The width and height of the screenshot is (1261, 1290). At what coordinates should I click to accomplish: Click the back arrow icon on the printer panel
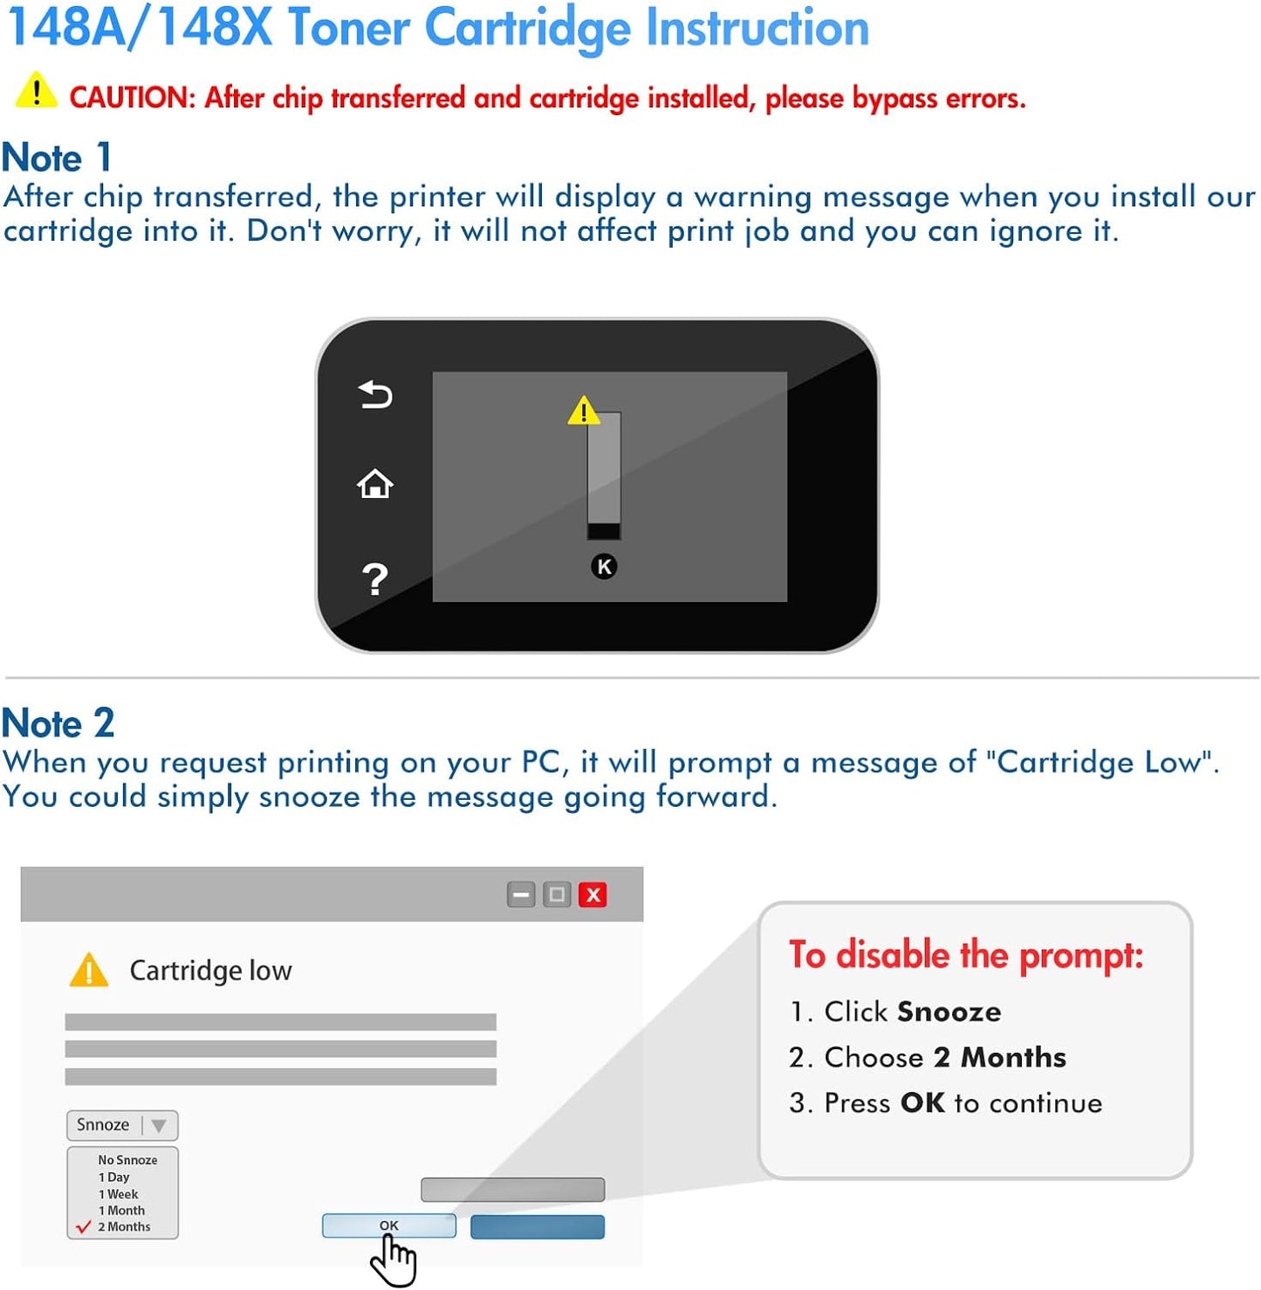375,395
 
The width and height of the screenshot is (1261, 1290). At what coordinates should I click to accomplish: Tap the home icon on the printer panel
374,483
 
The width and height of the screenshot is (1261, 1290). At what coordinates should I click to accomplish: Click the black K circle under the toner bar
604,567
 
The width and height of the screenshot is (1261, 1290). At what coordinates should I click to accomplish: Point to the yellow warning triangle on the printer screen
584,411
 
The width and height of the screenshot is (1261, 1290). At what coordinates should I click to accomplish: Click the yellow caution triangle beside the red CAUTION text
37,91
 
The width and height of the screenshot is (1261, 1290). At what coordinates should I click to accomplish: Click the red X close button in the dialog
593,895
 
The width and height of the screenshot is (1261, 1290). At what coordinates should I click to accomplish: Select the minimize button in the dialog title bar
521,895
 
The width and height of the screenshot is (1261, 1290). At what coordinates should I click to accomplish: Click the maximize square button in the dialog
557,895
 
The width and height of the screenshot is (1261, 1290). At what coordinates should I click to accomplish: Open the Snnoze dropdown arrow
159,1126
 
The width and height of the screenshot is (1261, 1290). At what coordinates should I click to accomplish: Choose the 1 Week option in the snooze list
118,1194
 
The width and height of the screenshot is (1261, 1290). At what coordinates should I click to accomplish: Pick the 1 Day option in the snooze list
113,1177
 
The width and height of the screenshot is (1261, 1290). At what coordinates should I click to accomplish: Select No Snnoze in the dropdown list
127,1160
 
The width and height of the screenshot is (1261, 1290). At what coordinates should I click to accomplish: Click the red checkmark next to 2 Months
84,1226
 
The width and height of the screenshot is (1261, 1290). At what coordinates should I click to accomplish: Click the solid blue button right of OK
538,1227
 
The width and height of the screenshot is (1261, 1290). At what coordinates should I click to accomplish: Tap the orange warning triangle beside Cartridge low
89,971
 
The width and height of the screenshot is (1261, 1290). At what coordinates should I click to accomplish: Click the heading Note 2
58,722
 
